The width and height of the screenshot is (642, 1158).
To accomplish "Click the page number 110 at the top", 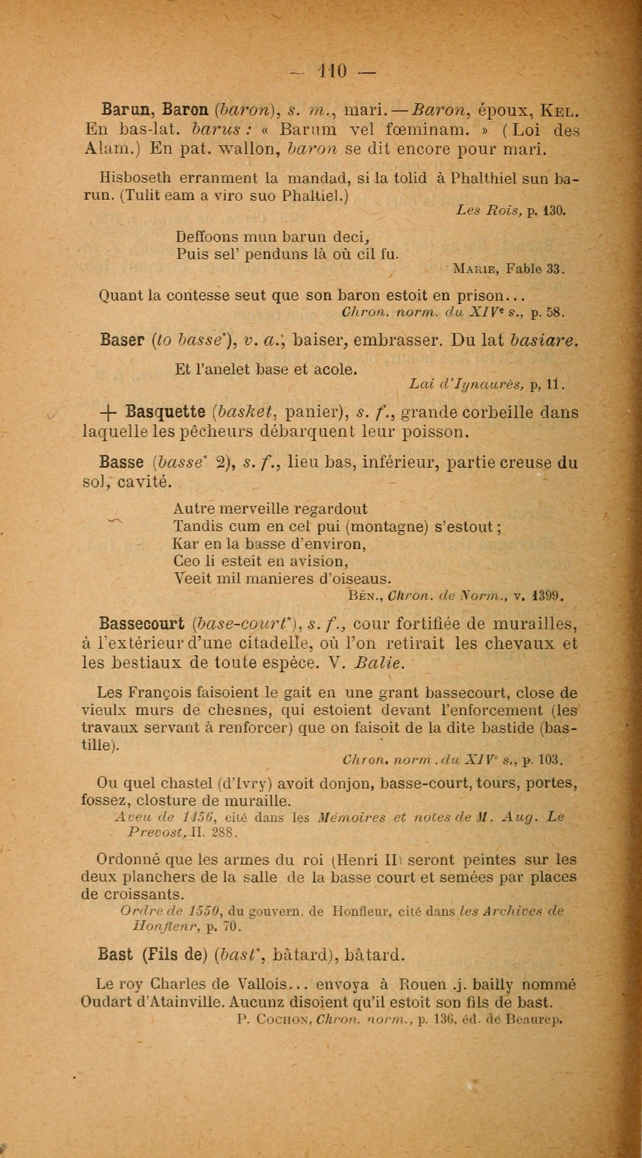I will (x=332, y=71).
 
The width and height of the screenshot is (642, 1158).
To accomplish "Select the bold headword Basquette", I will (x=165, y=412).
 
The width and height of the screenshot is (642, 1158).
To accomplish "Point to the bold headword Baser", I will (x=121, y=340).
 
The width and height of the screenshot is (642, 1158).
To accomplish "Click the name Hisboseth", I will (x=135, y=178).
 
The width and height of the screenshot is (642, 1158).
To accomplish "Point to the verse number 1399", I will (x=548, y=596).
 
